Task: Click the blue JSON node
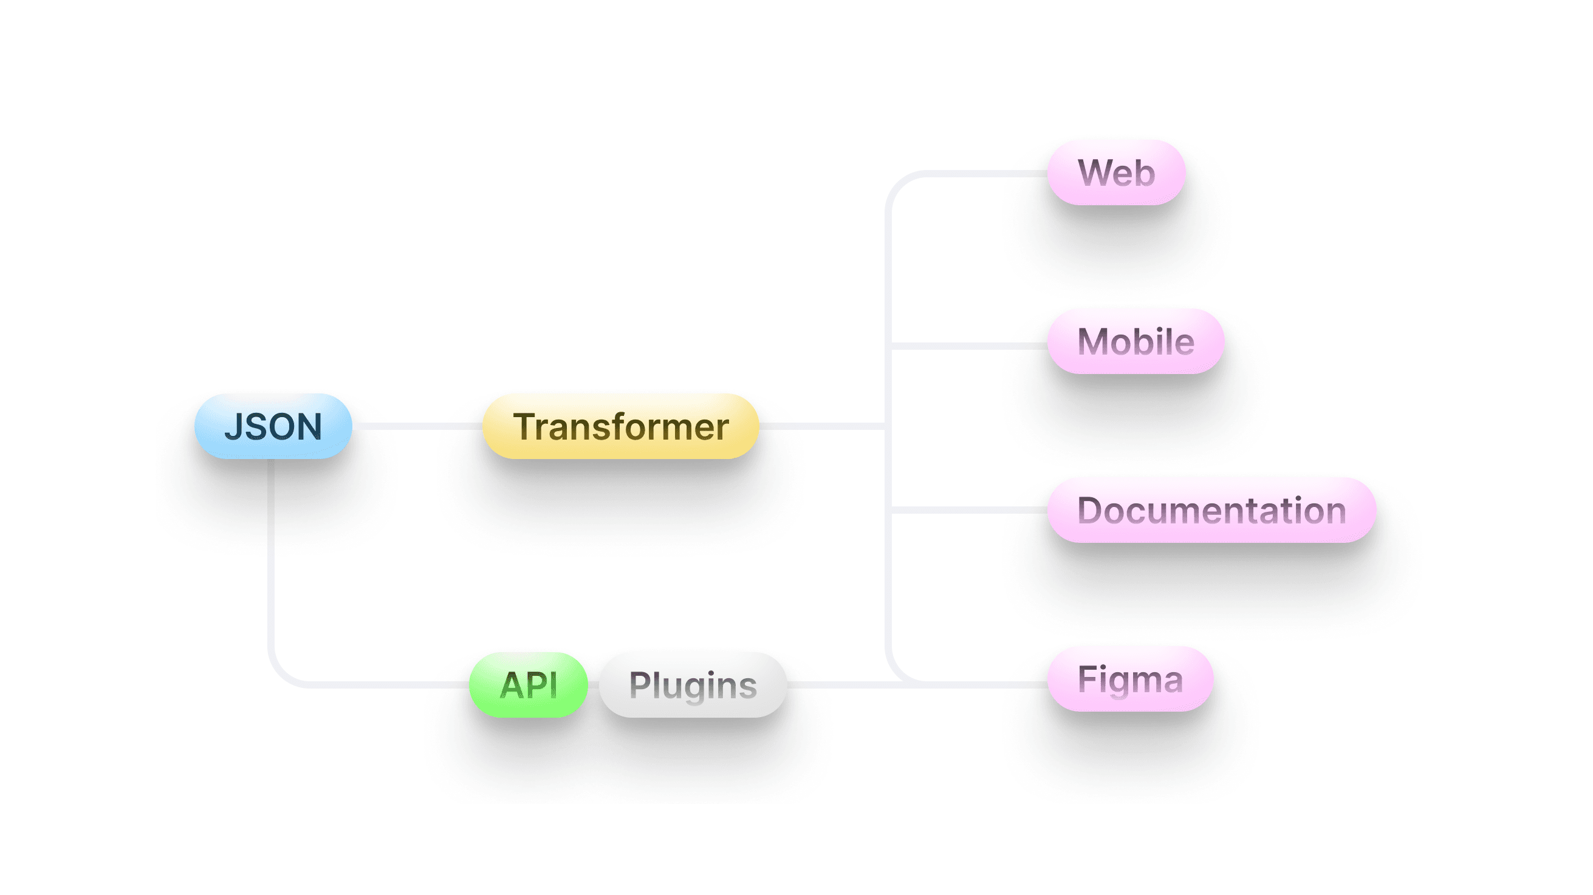tap(273, 426)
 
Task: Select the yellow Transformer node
tap(620, 426)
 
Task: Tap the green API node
tap(528, 685)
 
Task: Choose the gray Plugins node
tap(693, 685)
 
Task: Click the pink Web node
tap(1116, 172)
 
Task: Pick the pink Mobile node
tap(1136, 341)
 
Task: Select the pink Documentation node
tap(1211, 510)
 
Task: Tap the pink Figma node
tap(1130, 679)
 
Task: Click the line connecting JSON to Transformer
tap(417, 426)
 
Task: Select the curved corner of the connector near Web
tap(897, 184)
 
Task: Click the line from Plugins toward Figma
tap(841, 685)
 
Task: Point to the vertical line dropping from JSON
tap(271, 556)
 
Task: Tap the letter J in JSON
tap(233, 427)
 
